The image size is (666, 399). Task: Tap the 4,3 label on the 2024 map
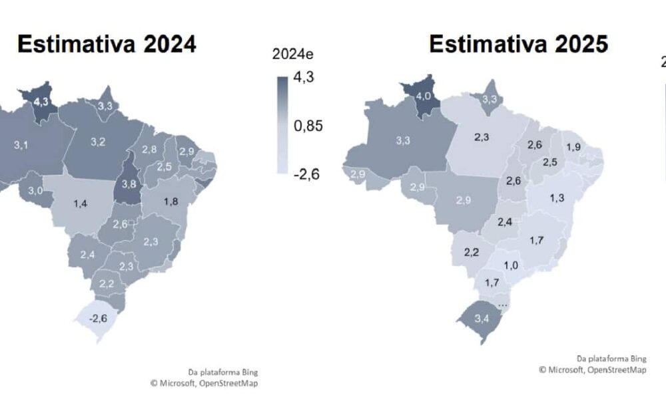tap(41, 102)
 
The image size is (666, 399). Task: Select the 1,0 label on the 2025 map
tap(511, 265)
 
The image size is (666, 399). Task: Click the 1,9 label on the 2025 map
tap(573, 147)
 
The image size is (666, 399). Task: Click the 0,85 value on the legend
tap(309, 126)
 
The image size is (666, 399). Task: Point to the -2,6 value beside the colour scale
tap(306, 174)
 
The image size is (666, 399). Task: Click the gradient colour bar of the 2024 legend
tap(282, 125)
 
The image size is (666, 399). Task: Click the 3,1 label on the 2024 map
tap(21, 144)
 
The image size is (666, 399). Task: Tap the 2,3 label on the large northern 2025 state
tap(483, 136)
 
